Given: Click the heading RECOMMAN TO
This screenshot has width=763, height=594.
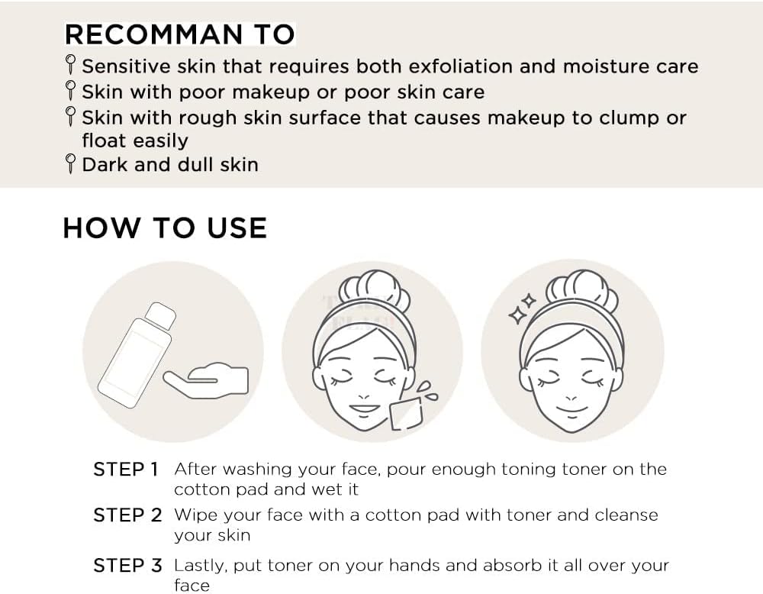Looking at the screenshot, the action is (x=179, y=34).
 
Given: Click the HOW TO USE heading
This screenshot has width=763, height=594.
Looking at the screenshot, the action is (x=165, y=228).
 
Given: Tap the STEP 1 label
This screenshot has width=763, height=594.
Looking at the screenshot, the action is (x=126, y=469).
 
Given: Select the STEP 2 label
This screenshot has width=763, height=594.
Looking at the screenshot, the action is (x=127, y=515).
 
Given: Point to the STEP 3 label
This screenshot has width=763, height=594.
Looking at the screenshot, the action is (x=127, y=565).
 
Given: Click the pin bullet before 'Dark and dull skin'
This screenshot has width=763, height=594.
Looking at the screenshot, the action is (x=70, y=163).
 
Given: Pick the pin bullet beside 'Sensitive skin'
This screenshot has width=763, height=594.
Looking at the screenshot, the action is (x=70, y=65).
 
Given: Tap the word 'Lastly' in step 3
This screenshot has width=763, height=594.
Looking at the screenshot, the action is (x=201, y=567).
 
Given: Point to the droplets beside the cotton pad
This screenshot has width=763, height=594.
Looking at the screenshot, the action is (x=427, y=391).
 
